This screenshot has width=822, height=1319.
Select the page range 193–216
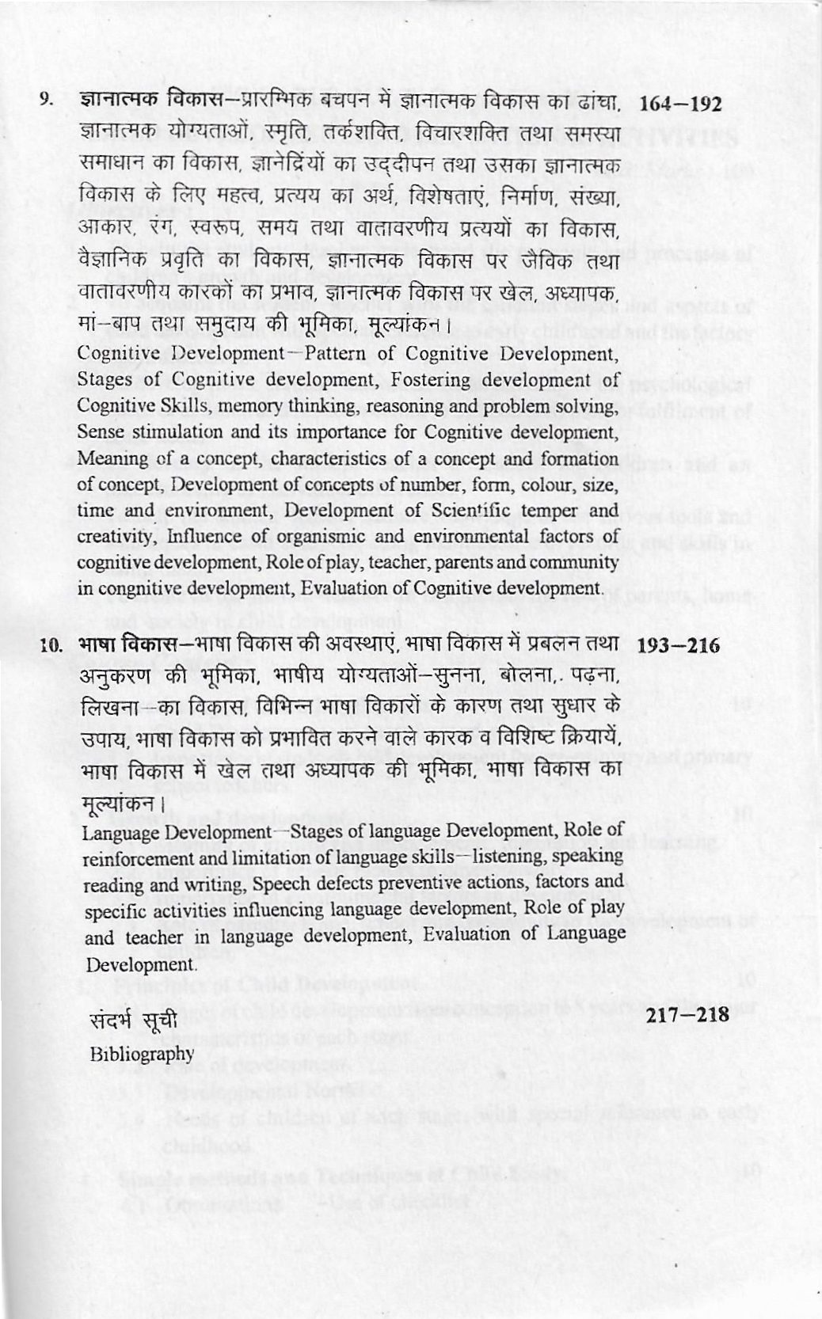point(679,646)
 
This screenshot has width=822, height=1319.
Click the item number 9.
point(47,101)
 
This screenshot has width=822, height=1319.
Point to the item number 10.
point(51,646)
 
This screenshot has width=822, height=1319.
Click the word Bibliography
point(142,1053)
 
